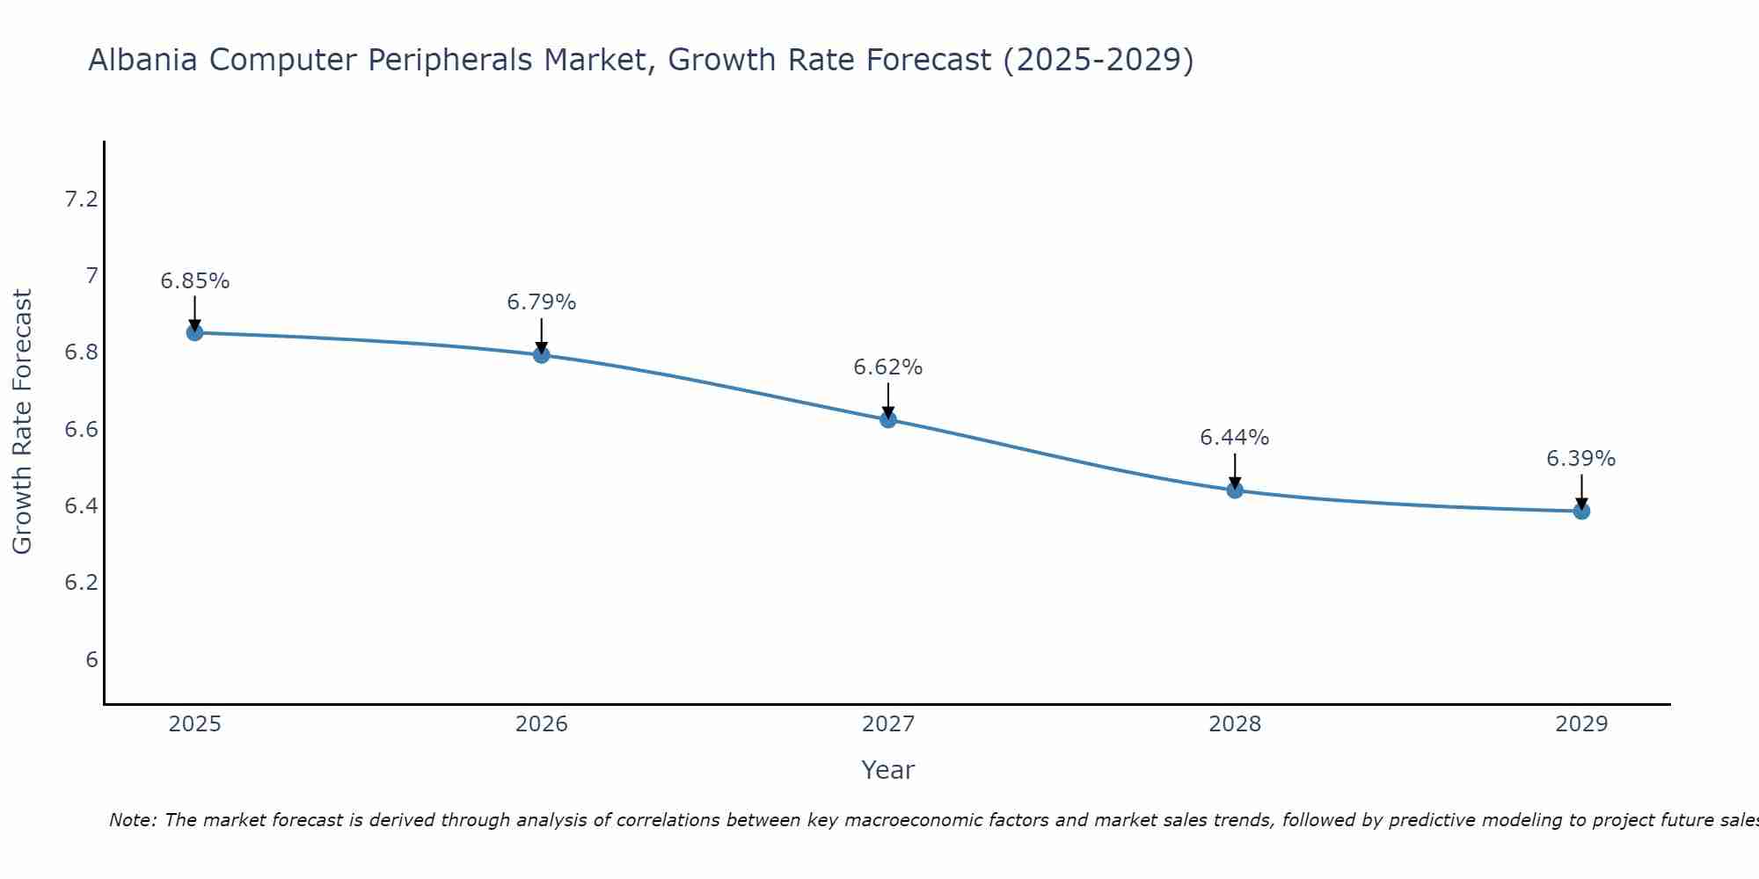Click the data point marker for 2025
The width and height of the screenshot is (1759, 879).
(x=194, y=332)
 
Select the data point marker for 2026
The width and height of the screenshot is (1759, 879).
(x=541, y=354)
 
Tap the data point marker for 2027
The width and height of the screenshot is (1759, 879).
(x=888, y=419)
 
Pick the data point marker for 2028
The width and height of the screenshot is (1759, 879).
(x=1235, y=490)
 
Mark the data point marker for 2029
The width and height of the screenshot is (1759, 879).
(x=1581, y=511)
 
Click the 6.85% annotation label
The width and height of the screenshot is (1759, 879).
(x=194, y=281)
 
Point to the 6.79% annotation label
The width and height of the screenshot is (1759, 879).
(x=541, y=302)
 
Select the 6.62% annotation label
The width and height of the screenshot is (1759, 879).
(x=888, y=367)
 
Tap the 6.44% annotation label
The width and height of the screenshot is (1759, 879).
(x=1235, y=438)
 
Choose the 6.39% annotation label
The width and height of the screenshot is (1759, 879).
(x=1581, y=459)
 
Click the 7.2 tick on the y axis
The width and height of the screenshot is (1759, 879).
(x=82, y=200)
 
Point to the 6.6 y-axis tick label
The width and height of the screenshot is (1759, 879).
(x=82, y=430)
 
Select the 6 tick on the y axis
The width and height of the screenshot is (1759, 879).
(x=91, y=660)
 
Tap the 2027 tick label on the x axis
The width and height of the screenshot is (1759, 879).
(x=888, y=724)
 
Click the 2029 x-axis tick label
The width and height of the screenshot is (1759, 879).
(x=1581, y=724)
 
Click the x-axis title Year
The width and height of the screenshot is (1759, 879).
(x=888, y=770)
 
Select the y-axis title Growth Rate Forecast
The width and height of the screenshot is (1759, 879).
(x=22, y=421)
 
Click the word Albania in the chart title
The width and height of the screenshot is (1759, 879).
(x=145, y=60)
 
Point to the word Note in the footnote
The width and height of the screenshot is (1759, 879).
(x=132, y=820)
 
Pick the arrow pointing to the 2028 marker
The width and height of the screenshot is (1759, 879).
(x=1235, y=470)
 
